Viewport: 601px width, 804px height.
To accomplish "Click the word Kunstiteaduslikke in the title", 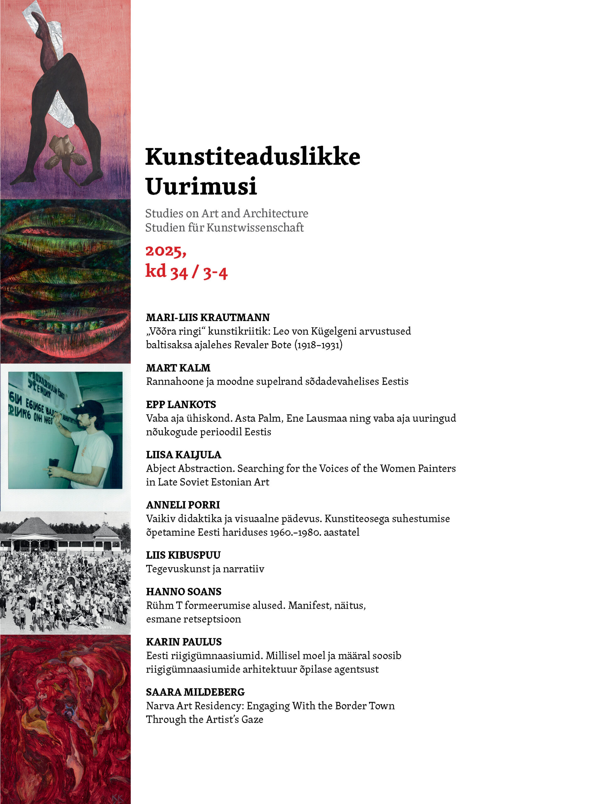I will tap(252, 157).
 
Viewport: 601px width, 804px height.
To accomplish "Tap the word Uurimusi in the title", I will tap(201, 186).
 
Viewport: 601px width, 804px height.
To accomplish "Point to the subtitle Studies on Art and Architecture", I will tap(227, 213).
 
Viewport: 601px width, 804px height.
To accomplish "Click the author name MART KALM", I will tap(178, 368).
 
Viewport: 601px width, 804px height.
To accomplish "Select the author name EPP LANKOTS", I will tap(181, 404).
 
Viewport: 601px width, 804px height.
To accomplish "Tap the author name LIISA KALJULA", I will tap(183, 455).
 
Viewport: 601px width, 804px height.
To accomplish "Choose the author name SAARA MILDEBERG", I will tap(195, 692).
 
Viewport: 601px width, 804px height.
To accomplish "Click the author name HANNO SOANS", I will tap(183, 591).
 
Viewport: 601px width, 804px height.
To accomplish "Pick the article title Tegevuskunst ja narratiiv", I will tap(205, 569).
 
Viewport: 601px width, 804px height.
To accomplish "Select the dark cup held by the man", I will tap(54, 463).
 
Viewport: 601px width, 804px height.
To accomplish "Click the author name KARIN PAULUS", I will tap(183, 642).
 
